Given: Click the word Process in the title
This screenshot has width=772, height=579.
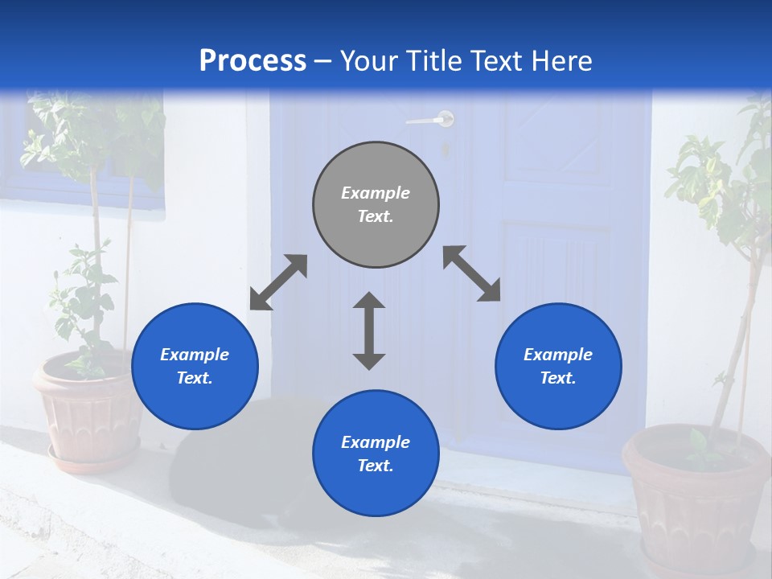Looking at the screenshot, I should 253,61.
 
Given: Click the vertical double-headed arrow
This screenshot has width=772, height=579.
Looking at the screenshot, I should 369,331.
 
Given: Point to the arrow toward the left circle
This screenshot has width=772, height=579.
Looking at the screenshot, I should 278,282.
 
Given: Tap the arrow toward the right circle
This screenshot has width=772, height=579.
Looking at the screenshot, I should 472,273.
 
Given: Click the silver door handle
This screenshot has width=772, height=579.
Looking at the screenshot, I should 432,120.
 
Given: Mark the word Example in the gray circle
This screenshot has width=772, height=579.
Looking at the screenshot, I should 376,193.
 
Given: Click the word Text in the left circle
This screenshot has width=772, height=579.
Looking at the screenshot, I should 195,378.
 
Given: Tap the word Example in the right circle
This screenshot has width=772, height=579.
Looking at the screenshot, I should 558,355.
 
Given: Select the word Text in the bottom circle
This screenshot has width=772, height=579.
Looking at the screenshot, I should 376,466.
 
